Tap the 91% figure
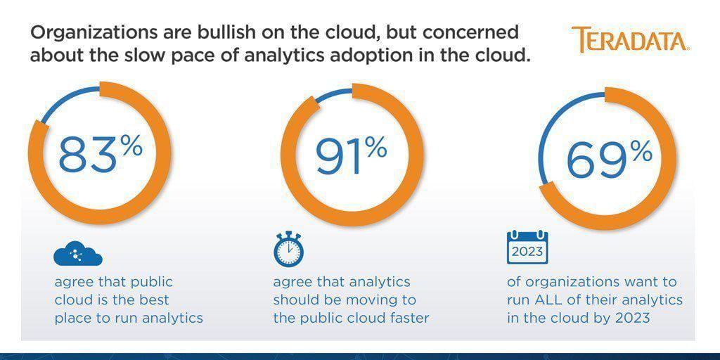pos(352,156)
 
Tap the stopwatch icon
pos(288,249)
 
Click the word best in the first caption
pos(153,300)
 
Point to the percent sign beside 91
pos(376,148)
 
